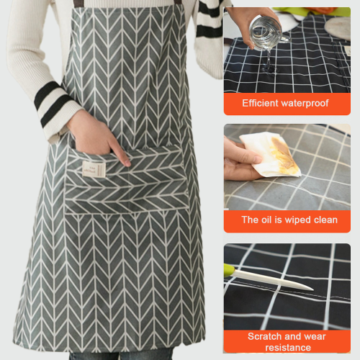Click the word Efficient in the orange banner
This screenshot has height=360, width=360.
point(260,103)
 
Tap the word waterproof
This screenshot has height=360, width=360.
point(305,104)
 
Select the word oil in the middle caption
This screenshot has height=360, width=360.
point(266,220)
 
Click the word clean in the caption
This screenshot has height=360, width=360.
point(325,220)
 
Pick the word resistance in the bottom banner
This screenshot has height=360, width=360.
point(288,348)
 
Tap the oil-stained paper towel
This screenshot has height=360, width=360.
point(271,154)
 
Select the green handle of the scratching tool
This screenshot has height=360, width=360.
point(229,270)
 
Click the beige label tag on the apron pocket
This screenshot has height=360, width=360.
point(94,169)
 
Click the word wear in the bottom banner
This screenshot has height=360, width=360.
point(315,337)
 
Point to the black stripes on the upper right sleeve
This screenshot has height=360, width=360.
point(210,19)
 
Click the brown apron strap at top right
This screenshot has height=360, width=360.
point(178,2)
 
